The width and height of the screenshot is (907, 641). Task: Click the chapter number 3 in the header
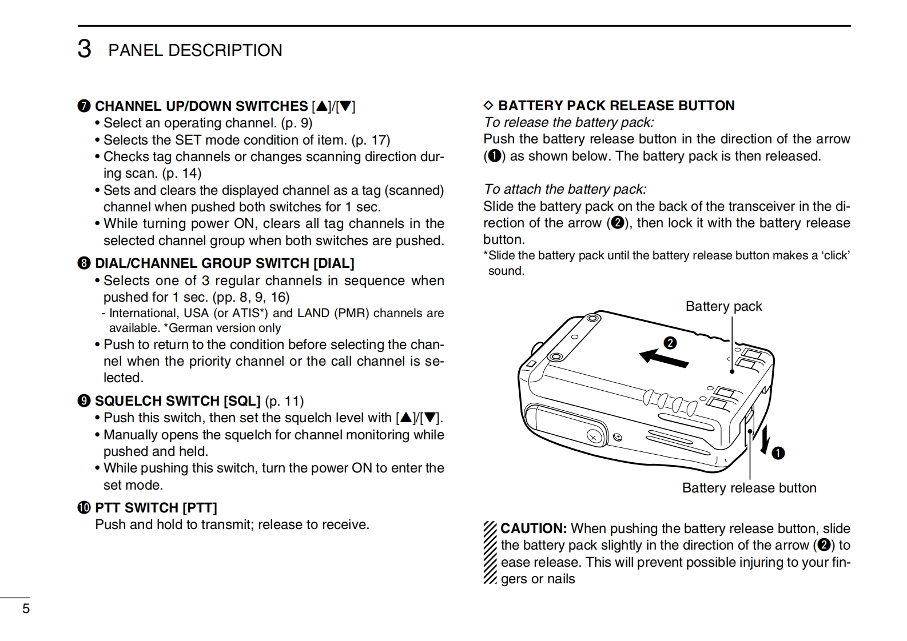point(84,49)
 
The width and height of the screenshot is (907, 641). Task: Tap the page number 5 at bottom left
point(26,608)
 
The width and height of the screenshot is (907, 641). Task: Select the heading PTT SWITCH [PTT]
point(156,507)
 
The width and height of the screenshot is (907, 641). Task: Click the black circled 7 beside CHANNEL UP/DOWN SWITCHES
point(84,106)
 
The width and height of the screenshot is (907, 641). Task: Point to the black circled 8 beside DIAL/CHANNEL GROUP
point(84,263)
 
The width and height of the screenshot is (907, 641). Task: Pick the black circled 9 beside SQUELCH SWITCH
point(84,401)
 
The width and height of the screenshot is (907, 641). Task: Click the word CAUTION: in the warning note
point(534,528)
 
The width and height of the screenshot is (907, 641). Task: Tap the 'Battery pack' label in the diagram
point(723,306)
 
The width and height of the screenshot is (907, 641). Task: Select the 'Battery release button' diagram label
point(749,488)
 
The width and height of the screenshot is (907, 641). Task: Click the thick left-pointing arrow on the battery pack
point(663,358)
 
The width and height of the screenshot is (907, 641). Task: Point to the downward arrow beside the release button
point(764,441)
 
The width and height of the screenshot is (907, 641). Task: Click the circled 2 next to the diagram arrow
point(670,343)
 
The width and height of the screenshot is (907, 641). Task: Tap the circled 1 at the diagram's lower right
point(778,454)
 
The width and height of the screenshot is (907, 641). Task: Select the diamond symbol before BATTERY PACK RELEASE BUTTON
point(488,106)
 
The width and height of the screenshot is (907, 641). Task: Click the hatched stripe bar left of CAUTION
point(490,552)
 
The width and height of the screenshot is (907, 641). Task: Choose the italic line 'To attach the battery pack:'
point(565,189)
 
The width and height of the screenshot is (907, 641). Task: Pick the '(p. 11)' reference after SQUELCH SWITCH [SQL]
point(285,401)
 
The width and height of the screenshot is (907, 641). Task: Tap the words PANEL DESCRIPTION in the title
point(195,50)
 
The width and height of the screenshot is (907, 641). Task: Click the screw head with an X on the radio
point(594,437)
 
